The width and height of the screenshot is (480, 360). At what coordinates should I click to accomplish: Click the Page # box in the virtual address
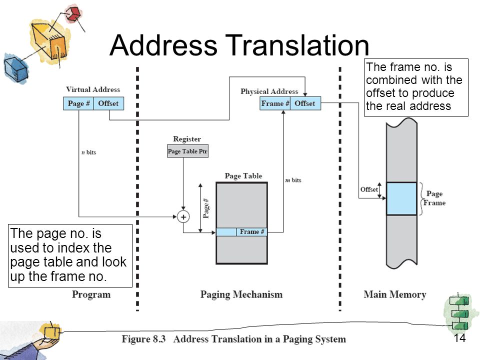tap(78, 103)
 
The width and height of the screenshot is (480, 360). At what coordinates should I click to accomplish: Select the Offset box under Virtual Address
tap(108, 103)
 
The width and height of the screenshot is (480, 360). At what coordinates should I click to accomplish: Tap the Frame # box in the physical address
tap(275, 103)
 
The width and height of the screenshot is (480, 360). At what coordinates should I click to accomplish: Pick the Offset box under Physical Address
tap(305, 103)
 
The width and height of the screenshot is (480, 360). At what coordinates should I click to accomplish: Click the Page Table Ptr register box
tap(187, 151)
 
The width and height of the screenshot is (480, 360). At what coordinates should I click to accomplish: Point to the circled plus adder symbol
tap(183, 217)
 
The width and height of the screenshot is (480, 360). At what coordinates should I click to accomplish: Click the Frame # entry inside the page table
tap(251, 232)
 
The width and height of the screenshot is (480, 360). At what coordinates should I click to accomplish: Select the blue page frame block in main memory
tap(401, 198)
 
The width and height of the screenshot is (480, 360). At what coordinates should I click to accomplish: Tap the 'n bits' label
tap(89, 152)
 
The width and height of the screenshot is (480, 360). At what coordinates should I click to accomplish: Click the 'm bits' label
tap(293, 180)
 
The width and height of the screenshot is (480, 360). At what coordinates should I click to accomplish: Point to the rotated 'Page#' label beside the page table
tap(206, 208)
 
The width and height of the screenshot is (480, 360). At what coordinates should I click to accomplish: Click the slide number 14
tap(460, 338)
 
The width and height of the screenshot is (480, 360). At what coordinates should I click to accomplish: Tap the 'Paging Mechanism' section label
tap(241, 294)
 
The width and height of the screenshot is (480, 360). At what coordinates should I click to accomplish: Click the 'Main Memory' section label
tap(395, 294)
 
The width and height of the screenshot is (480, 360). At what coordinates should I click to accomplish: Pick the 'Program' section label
tap(91, 294)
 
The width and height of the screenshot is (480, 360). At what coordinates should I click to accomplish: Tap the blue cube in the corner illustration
tap(16, 68)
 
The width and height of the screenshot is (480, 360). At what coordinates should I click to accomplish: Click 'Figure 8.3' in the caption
tap(143, 339)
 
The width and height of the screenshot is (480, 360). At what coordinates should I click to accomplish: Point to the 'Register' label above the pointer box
tap(187, 139)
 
